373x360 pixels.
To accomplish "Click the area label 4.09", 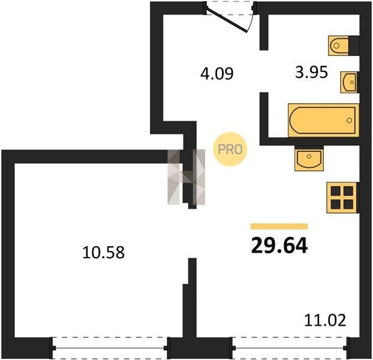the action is point(216,74).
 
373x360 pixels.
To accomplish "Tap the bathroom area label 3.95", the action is point(311,72).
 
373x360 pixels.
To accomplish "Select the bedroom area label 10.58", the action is point(104,253).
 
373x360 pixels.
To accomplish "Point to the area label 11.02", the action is point(325,320).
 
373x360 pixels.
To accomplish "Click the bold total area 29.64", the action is point(279,246).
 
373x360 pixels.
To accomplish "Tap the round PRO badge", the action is point(230,149).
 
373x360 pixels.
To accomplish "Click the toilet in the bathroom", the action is point(338,46).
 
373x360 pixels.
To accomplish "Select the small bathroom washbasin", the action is point(349,82).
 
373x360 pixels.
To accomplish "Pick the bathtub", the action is point(323,121).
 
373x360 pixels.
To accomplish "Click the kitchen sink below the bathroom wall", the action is point(309,158).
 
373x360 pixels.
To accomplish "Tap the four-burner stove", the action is point(342,198).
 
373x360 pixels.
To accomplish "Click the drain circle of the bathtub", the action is point(349,121).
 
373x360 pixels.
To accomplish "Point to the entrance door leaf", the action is point(227,21).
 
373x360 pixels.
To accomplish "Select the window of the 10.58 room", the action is point(110,348).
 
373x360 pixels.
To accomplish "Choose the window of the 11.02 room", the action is point(290,348).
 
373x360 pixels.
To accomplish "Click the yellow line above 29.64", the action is point(279,226).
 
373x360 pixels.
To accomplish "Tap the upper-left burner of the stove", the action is point(336,191).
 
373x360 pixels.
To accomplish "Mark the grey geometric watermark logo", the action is point(186,177).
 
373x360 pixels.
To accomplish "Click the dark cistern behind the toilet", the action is point(354,46).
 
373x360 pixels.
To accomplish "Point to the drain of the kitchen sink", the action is point(309,157).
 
